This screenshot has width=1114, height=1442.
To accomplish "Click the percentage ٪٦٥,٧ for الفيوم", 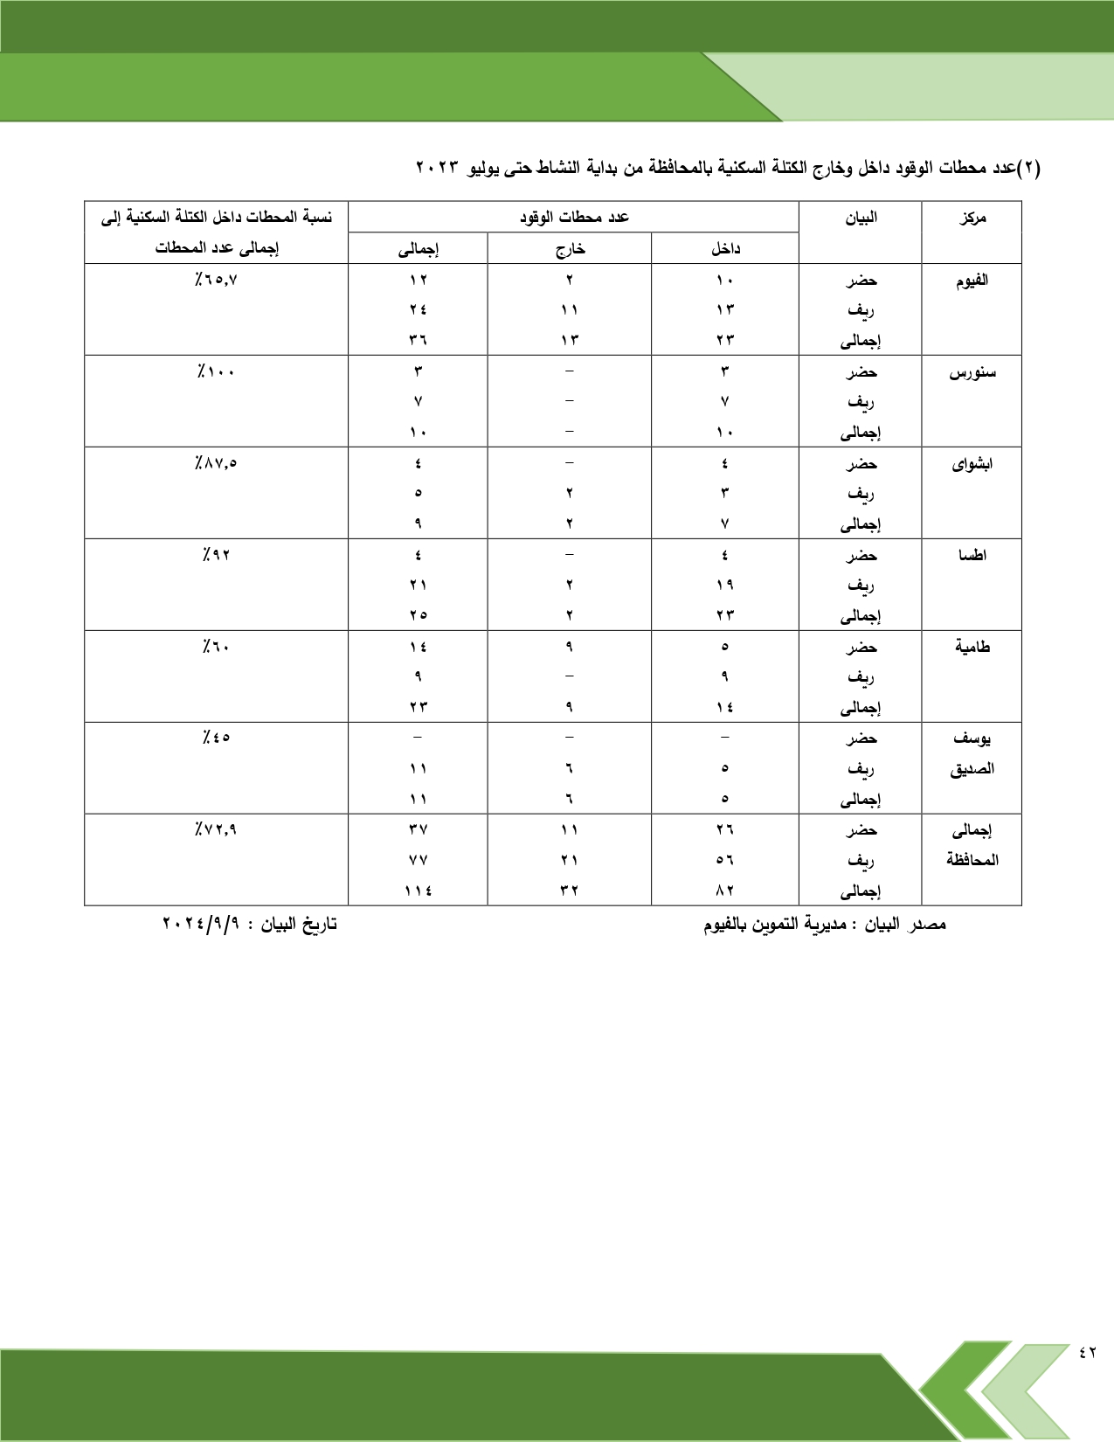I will pyautogui.click(x=216, y=280).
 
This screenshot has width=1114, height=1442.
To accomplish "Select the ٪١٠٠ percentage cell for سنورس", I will pyautogui.click(x=216, y=371).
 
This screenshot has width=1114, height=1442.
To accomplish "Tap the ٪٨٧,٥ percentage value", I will pyautogui.click(x=216, y=463).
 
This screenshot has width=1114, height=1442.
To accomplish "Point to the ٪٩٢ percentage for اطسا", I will pyautogui.click(x=216, y=555).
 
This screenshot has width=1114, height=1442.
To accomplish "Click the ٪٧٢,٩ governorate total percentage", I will pyautogui.click(x=216, y=829).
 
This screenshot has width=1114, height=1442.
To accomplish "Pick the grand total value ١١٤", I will pyautogui.click(x=418, y=891).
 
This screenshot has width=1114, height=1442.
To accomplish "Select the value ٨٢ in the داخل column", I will pyautogui.click(x=724, y=891).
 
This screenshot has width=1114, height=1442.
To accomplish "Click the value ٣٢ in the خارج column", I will pyautogui.click(x=569, y=891).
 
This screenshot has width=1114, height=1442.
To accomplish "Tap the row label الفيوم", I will pyautogui.click(x=972, y=281).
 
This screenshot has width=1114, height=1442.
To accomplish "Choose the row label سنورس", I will pyautogui.click(x=972, y=372).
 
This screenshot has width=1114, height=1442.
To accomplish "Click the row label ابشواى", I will pyautogui.click(x=972, y=464).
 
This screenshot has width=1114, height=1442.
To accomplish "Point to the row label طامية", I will pyautogui.click(x=972, y=648).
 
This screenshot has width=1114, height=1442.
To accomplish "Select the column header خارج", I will pyautogui.click(x=570, y=249).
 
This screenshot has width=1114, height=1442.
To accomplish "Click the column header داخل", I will pyautogui.click(x=725, y=249).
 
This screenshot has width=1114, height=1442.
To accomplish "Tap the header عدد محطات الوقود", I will pyautogui.click(x=574, y=217).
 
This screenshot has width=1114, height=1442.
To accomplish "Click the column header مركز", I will pyautogui.click(x=972, y=218).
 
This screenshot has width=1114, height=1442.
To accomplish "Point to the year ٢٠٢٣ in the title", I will pyautogui.click(x=438, y=167).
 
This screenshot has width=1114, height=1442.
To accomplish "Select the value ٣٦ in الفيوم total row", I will pyautogui.click(x=418, y=340).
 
